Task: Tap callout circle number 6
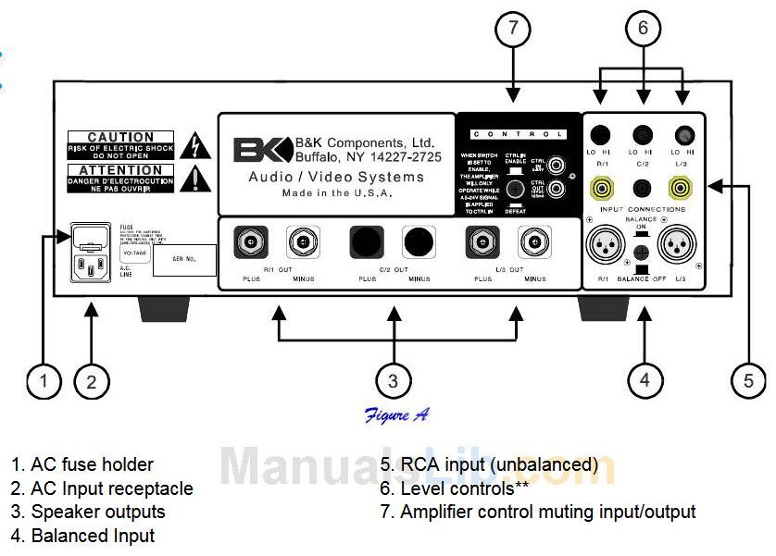[643, 29]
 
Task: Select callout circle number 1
[44, 380]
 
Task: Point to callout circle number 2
[92, 380]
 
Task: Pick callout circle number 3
[394, 380]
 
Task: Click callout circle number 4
[646, 380]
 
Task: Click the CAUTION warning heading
[119, 138]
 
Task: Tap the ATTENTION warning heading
[119, 170]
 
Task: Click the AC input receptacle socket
[94, 268]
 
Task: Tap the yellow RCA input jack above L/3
[683, 190]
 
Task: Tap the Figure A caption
[395, 415]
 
